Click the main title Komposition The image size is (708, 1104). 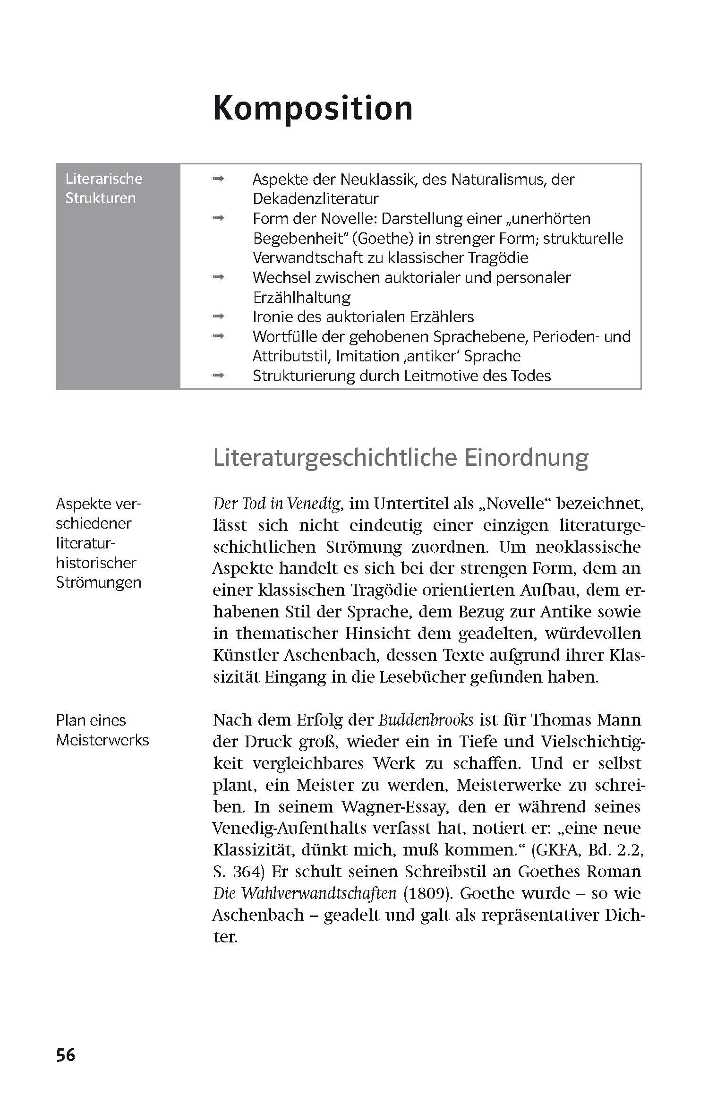[x=313, y=108]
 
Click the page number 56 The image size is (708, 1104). [x=66, y=1054]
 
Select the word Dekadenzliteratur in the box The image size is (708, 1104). [x=316, y=199]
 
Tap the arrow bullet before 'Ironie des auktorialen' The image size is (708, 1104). [x=218, y=316]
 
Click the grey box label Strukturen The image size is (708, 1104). [x=100, y=198]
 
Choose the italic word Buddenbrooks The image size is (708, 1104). [x=426, y=720]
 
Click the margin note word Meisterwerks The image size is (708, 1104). [x=102, y=740]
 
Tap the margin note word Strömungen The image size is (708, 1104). [x=98, y=582]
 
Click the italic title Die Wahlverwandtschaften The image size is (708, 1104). [x=305, y=893]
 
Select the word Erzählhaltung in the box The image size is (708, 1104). [x=301, y=298]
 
